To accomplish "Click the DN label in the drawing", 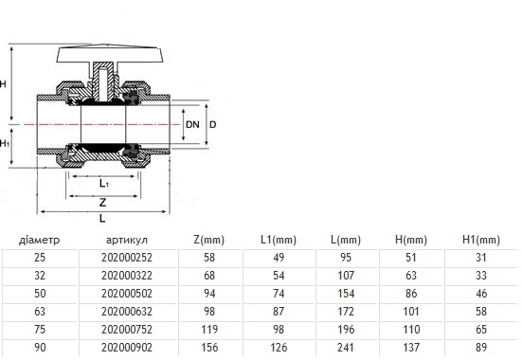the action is pos(192,124).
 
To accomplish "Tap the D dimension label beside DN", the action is pos(213,124).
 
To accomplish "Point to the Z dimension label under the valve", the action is pos(103,202).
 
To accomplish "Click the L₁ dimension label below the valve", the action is pos(104,183).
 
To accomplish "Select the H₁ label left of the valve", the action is pos(5,144).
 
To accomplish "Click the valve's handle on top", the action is pos(110,54).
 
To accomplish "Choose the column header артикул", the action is pos(127,240).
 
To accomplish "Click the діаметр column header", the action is pos(39,240).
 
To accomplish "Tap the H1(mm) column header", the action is pos(481,240).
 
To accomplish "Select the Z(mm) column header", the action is pos(208,240).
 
